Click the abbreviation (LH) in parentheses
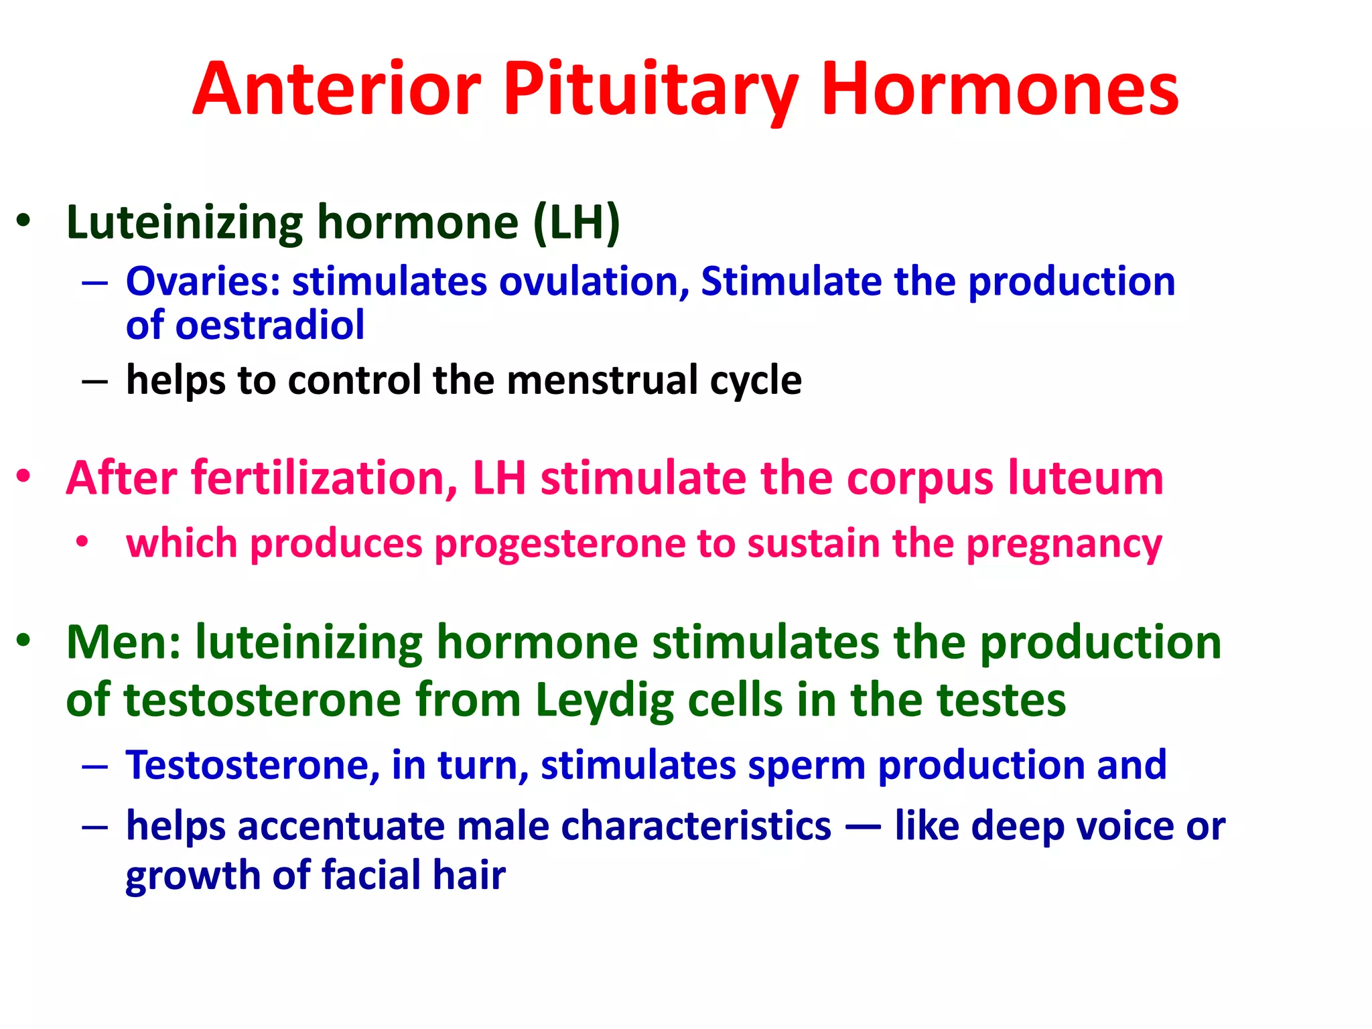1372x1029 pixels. [577, 222]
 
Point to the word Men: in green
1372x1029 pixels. [123, 642]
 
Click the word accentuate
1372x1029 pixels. [341, 825]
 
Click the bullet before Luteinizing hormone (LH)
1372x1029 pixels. [24, 221]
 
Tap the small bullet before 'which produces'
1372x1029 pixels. [82, 541]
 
